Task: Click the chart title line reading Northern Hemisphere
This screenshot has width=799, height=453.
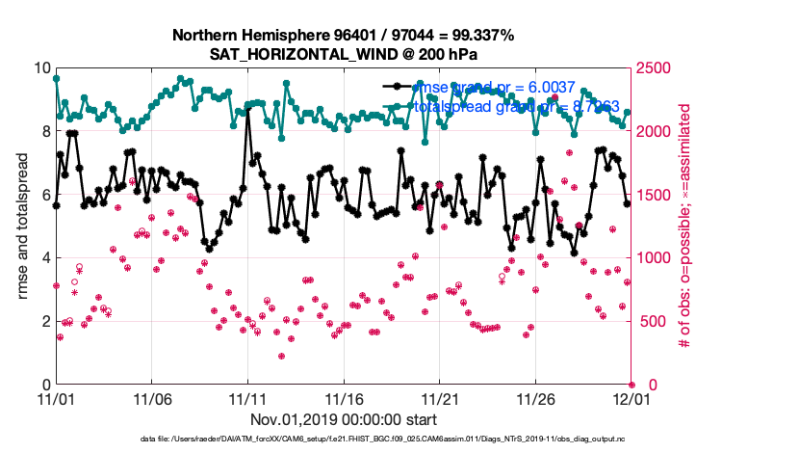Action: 343,36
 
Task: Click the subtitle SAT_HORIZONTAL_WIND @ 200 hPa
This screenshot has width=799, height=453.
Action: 343,55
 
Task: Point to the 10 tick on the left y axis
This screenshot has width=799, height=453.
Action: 41,68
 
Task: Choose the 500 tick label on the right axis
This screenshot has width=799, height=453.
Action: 652,321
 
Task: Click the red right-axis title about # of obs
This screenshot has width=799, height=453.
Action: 684,226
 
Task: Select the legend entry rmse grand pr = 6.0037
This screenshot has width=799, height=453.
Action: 494,88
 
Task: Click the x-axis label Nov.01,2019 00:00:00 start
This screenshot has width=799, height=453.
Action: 343,419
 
